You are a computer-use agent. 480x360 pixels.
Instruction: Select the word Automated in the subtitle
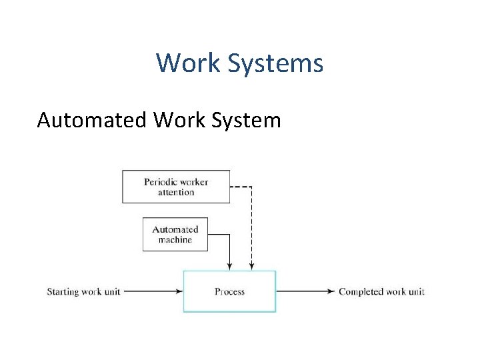point(91,120)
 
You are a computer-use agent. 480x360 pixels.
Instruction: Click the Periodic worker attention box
point(176,187)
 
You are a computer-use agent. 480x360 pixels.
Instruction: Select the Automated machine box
point(175,234)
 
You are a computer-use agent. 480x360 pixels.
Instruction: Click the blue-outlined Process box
point(229,291)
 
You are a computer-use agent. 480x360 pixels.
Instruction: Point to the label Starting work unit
point(83,291)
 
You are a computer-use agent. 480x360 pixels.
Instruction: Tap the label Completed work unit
point(381,291)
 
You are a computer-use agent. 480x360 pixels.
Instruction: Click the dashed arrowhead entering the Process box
point(251,267)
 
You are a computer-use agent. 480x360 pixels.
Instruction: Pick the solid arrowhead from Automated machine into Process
point(229,267)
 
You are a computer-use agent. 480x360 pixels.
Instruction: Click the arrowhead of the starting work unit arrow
point(179,291)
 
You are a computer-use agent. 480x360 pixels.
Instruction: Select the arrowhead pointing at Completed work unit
point(331,291)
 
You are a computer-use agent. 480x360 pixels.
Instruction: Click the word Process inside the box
point(229,291)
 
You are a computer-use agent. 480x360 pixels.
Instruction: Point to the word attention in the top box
point(176,193)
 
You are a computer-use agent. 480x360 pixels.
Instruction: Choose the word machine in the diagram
point(175,240)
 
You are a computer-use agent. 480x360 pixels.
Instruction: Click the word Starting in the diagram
point(63,291)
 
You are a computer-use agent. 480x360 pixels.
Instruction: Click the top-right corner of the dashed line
point(251,187)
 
